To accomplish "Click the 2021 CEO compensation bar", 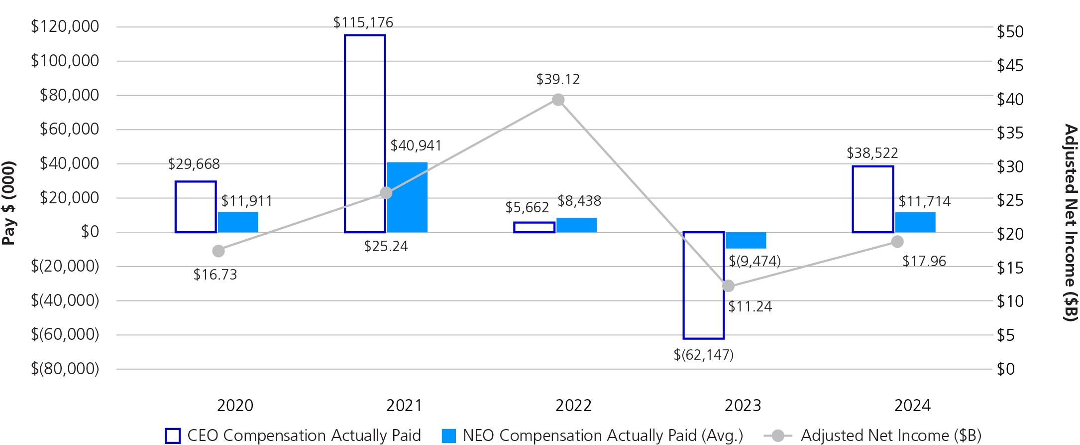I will pyautogui.click(x=365, y=134).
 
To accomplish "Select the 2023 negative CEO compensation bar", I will pyautogui.click(x=703, y=286).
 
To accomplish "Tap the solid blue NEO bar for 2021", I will pyautogui.click(x=407, y=197).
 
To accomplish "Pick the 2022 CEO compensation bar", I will pyautogui.click(x=534, y=227).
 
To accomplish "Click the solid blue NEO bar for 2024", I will pyautogui.click(x=915, y=222).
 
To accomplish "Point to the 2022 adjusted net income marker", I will pyautogui.click(x=558, y=100).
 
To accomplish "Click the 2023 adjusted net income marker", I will pyautogui.click(x=728, y=286).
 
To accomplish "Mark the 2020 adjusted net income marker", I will pyautogui.click(x=218, y=251).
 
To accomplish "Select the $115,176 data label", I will pyautogui.click(x=363, y=22).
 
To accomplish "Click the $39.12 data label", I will pyautogui.click(x=558, y=79).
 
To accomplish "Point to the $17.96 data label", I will pyautogui.click(x=924, y=261).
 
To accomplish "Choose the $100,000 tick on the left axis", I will pyautogui.click(x=65, y=61).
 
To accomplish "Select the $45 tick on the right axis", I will pyautogui.click(x=1010, y=66).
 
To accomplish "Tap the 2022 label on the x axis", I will pyautogui.click(x=573, y=406).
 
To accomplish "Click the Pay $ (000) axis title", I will pyautogui.click(x=9, y=203).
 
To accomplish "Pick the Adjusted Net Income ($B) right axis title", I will pyautogui.click(x=1071, y=222).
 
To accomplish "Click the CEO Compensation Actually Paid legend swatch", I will pyautogui.click(x=173, y=436).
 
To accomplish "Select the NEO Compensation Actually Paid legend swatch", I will pyautogui.click(x=449, y=436).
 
